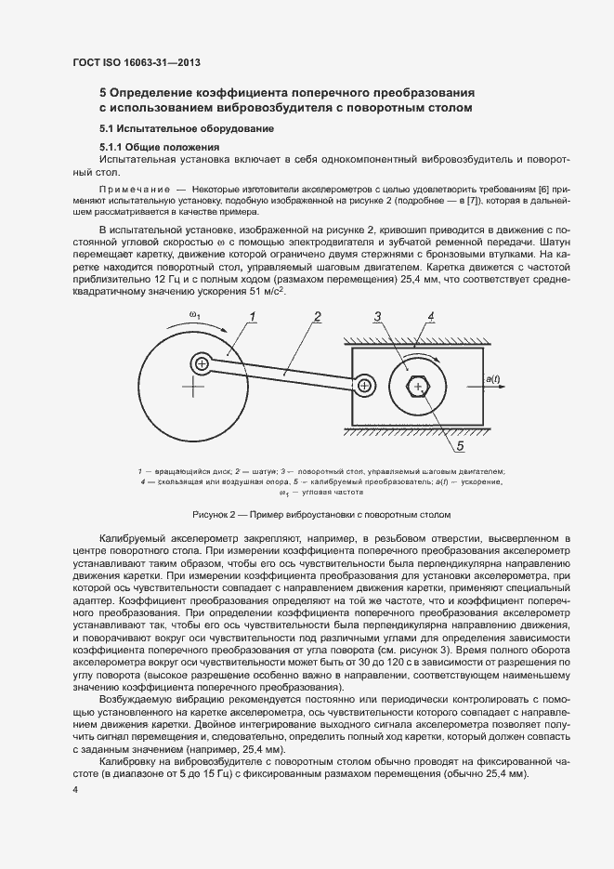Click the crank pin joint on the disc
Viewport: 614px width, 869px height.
pos(201,362)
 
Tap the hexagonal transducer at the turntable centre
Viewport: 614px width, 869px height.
pos(419,386)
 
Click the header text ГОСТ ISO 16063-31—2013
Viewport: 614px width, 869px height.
pos(137,63)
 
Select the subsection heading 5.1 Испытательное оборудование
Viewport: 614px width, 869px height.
pos(186,128)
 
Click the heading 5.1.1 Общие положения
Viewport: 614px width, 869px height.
pos(159,148)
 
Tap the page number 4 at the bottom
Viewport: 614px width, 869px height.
pos(75,790)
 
